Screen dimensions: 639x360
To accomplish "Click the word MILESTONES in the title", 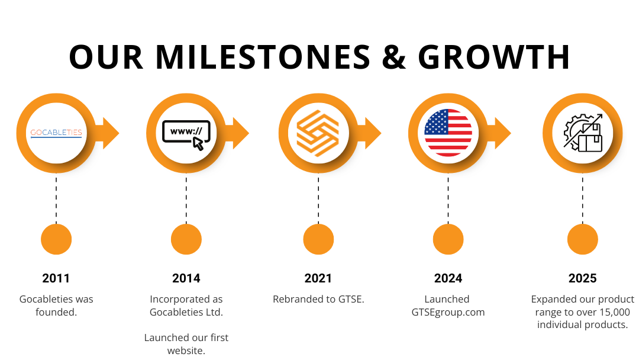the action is [x=263, y=57].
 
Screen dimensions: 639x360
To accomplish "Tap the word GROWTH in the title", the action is [x=494, y=57].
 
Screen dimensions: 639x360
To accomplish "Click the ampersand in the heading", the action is [x=394, y=57].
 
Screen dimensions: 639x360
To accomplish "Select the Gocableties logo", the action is [x=56, y=133].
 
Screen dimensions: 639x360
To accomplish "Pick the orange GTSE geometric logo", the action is [x=318, y=133].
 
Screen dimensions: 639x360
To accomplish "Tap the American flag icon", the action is [x=448, y=133].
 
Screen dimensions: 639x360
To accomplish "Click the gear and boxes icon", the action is [x=583, y=133].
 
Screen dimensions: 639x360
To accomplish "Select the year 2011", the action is [x=56, y=278].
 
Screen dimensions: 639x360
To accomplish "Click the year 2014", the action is [x=186, y=278].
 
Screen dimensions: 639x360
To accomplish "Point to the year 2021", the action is [x=318, y=278].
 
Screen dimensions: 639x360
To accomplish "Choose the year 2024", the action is [x=448, y=278].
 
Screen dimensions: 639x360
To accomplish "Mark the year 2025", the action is [x=583, y=278].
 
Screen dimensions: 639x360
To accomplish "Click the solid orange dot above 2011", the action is [x=56, y=239].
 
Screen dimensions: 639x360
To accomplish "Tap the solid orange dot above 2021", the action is [x=318, y=239].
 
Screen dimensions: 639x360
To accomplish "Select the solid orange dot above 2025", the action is [x=583, y=239].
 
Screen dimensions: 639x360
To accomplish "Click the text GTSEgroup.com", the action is [x=448, y=313].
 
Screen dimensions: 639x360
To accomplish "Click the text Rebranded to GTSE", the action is [x=318, y=299].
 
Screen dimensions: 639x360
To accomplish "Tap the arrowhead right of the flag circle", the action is [x=502, y=133].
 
